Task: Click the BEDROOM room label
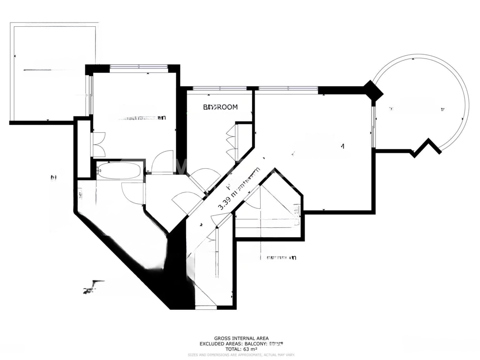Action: tap(220, 107)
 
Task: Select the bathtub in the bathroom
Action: tap(118, 171)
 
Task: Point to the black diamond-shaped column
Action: tap(373, 91)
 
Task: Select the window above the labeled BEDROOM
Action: tap(220, 88)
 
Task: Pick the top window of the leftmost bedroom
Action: tap(139, 67)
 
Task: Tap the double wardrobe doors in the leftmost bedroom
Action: tap(98, 145)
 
